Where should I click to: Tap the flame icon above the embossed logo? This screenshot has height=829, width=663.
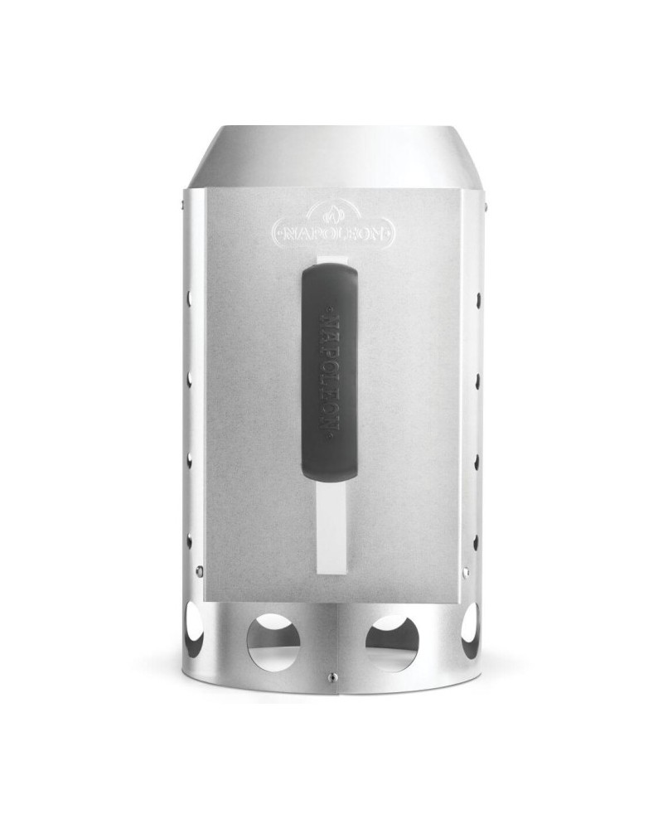point(333,214)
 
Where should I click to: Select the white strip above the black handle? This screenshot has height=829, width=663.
point(332,260)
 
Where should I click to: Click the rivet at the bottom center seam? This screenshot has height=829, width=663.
point(331,675)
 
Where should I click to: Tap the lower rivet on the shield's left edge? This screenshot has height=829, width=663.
point(200,570)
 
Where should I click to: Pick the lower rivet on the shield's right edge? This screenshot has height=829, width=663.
point(466,571)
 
